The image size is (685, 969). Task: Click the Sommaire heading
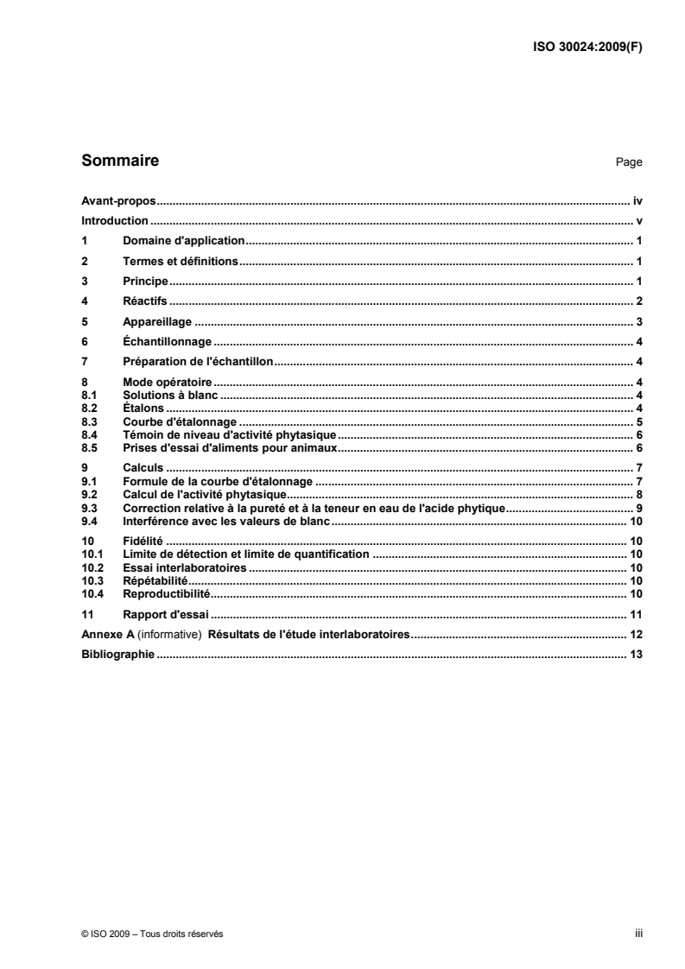[119, 160]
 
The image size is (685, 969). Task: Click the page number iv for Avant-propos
[637, 200]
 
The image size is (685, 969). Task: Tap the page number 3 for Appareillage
[639, 322]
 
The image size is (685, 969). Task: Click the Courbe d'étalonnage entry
[180, 421]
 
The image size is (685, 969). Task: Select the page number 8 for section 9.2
[639, 495]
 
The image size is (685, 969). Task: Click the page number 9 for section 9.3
[639, 509]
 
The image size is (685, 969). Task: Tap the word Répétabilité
[155, 581]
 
